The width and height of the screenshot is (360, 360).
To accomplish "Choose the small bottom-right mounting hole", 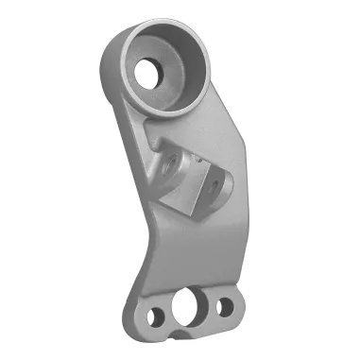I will (225, 307).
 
